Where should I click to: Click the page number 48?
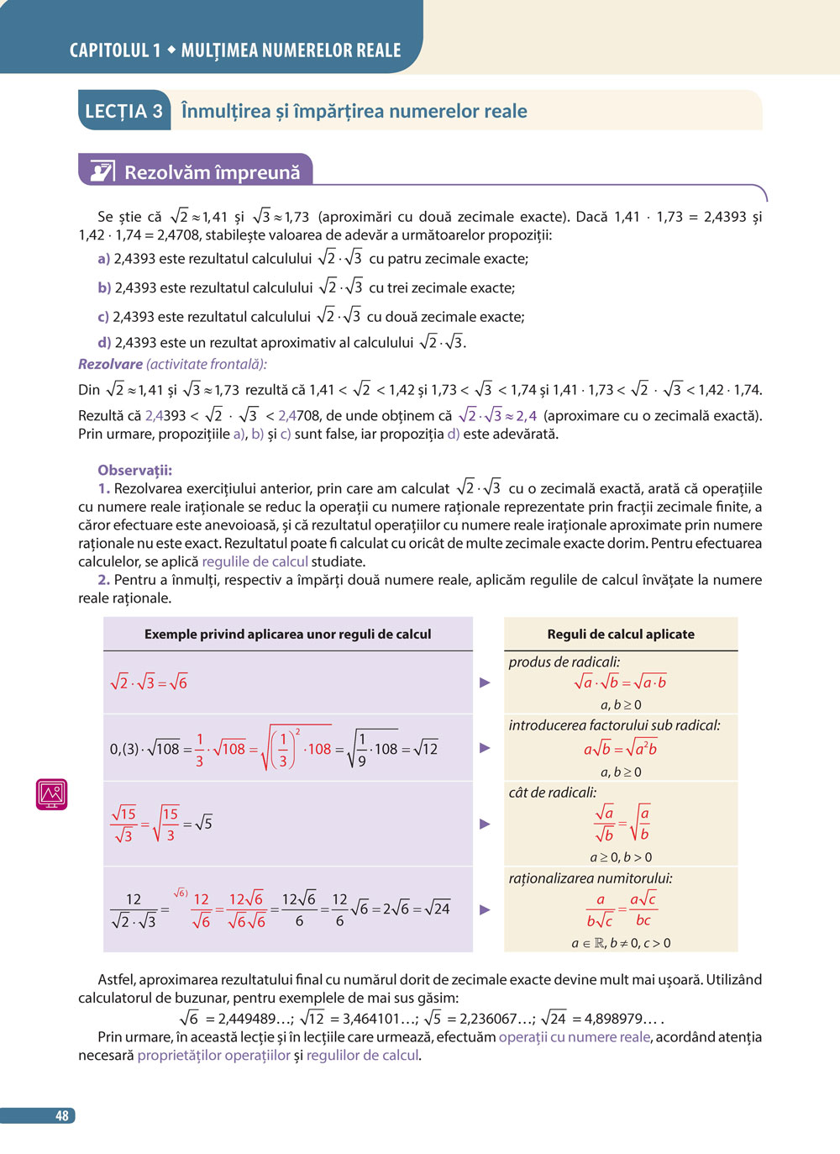click(61, 1115)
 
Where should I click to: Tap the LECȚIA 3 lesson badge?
click(124, 111)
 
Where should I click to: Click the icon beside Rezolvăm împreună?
click(102, 171)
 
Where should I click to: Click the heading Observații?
click(134, 470)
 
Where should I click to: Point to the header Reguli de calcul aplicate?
click(621, 634)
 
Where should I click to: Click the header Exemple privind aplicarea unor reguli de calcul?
click(287, 634)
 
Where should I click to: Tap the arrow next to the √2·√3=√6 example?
click(485, 682)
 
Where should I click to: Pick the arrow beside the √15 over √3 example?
click(485, 824)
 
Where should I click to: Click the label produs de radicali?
click(564, 661)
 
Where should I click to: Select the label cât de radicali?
click(553, 792)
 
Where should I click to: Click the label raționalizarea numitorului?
click(591, 878)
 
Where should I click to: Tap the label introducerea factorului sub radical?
click(614, 725)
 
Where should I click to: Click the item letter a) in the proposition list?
click(104, 259)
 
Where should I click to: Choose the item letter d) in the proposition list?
click(104, 343)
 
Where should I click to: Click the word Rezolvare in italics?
click(110, 364)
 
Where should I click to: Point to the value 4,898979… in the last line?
click(617, 1019)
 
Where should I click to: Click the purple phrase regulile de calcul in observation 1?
click(255, 561)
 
